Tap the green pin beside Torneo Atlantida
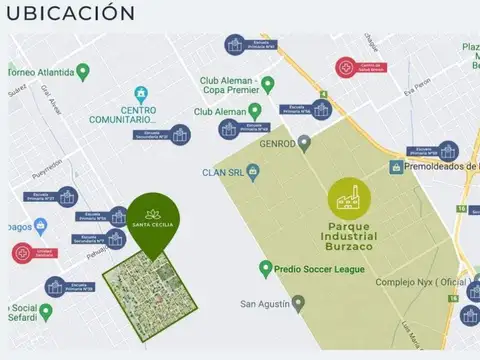click(83, 72)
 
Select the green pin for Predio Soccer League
click(265, 269)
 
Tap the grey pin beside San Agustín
click(298, 303)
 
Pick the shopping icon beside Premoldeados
click(396, 166)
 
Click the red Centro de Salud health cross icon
click(346, 67)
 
